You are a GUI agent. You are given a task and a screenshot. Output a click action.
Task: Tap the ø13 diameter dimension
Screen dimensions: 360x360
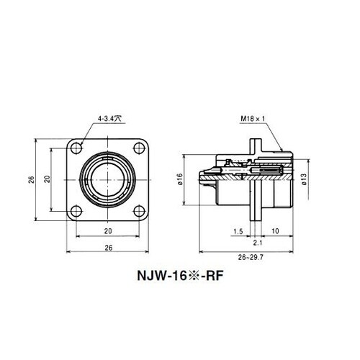pyautogui.click(x=305, y=181)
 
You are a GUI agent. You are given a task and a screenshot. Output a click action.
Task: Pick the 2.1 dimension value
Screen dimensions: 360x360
pyautogui.click(x=258, y=244)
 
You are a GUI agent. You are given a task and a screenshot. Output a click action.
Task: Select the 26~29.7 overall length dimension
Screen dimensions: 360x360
pyautogui.click(x=246, y=256)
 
